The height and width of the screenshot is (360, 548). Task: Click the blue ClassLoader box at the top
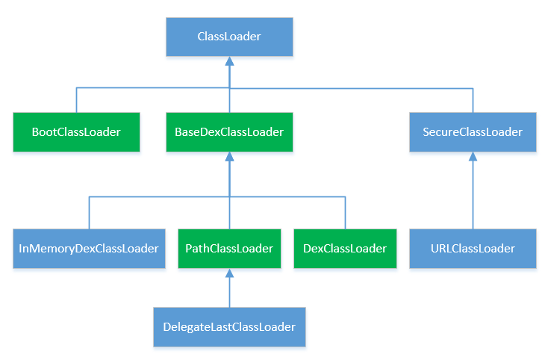[x=229, y=37]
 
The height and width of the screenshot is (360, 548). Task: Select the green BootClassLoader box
[x=76, y=132]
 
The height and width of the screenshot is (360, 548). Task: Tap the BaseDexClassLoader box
[x=229, y=132]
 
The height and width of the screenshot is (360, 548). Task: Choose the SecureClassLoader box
[x=473, y=132]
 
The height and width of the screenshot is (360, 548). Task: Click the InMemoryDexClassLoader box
[x=89, y=249]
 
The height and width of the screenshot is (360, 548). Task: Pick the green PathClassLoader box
[x=229, y=249]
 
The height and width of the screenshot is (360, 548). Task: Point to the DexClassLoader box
[x=345, y=249]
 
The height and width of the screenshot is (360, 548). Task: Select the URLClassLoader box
[x=473, y=249]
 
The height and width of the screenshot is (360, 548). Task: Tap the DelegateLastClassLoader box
[x=229, y=327]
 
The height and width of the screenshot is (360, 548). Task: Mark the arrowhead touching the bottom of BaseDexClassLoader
[x=229, y=158]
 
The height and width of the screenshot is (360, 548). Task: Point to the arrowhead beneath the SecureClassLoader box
[x=473, y=158]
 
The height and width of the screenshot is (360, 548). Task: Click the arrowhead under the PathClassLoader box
[x=229, y=274]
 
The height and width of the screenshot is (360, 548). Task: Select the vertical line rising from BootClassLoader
[x=76, y=100]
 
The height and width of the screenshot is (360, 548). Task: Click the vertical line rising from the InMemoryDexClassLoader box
[x=89, y=214]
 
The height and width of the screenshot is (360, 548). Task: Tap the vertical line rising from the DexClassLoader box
[x=345, y=214]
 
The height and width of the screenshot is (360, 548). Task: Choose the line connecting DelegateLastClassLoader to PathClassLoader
[x=229, y=294]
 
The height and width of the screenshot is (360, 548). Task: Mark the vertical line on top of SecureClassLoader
[x=473, y=100]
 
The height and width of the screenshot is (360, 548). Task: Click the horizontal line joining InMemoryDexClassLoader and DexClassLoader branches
[x=157, y=197]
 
